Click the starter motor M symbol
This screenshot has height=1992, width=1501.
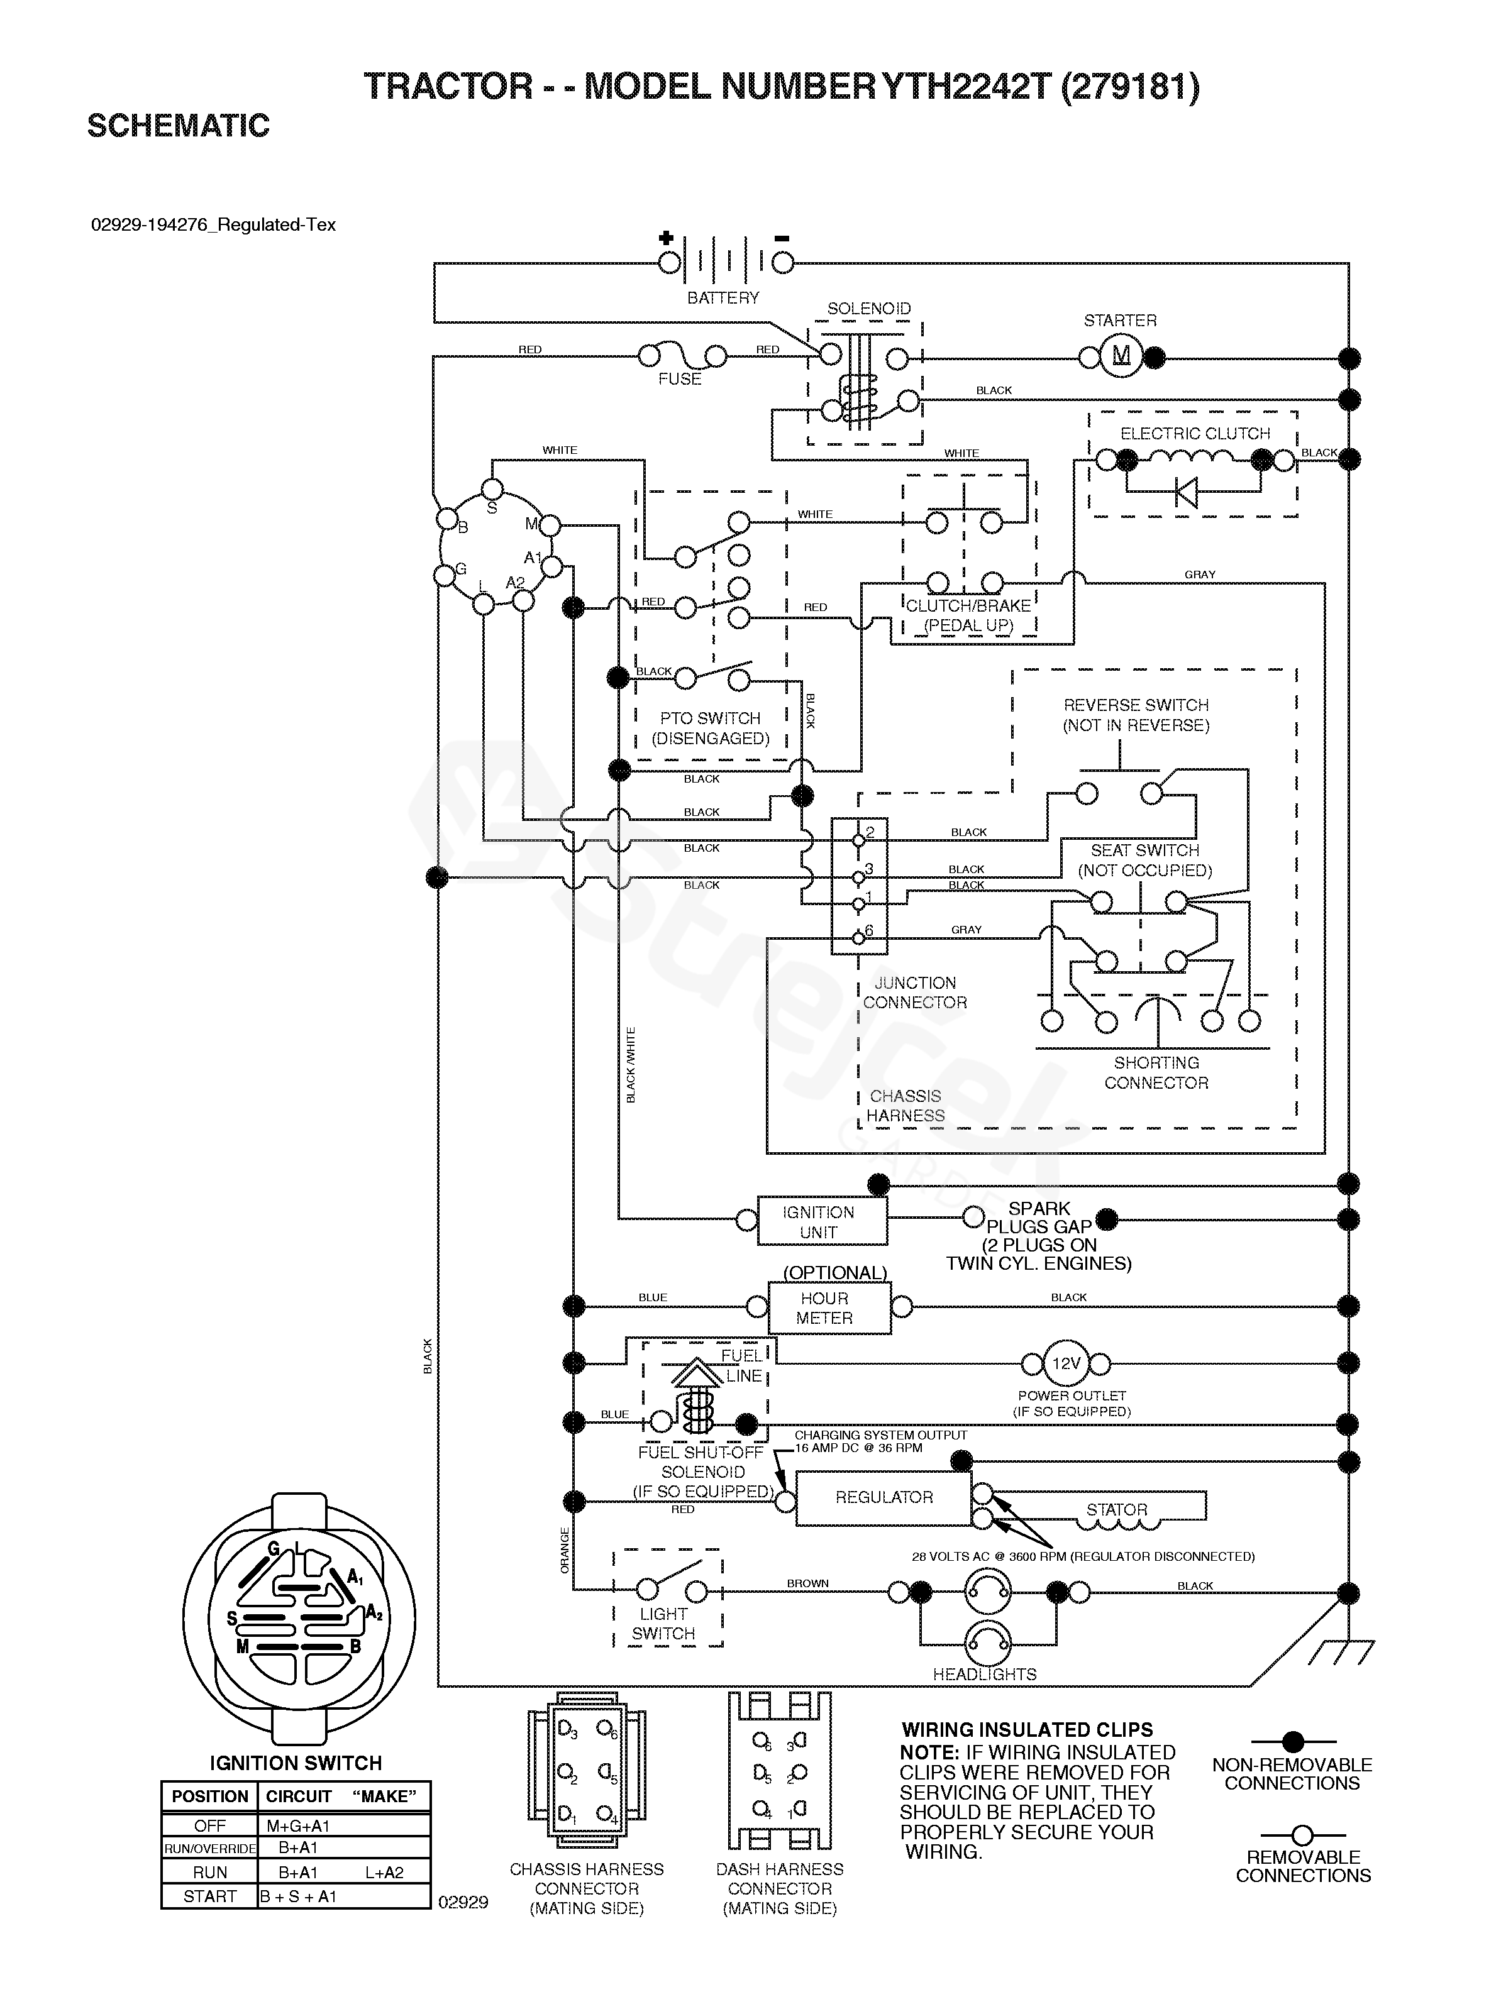(1121, 356)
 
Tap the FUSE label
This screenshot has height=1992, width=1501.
(679, 379)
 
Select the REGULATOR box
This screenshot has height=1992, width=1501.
(883, 1497)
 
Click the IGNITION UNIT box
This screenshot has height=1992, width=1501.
(818, 1222)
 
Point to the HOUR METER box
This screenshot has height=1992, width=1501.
(824, 1307)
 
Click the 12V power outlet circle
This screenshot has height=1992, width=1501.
(1066, 1363)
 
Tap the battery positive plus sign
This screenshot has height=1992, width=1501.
(666, 238)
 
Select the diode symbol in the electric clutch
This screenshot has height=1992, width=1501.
(1187, 493)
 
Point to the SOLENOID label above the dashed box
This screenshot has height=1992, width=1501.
(868, 309)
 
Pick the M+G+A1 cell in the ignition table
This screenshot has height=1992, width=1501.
(298, 1825)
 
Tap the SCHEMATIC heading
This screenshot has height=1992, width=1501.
(179, 126)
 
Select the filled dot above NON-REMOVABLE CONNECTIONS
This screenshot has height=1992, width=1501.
(1293, 1741)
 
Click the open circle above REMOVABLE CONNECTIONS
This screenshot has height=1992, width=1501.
(1302, 1834)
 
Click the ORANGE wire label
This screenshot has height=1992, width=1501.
(565, 1550)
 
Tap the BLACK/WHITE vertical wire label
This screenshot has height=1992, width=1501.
(631, 1064)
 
